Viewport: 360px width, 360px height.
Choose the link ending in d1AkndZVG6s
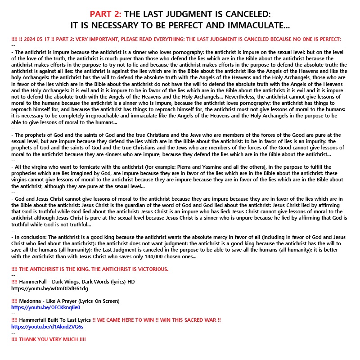point(47,326)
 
